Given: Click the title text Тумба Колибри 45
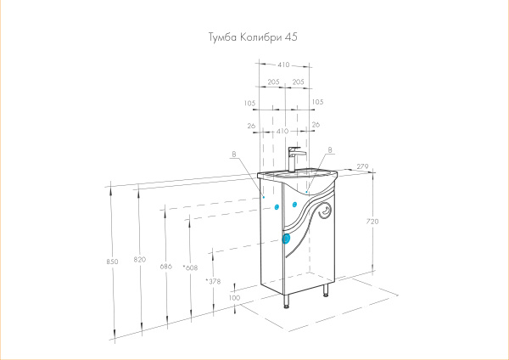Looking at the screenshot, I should [x=253, y=37].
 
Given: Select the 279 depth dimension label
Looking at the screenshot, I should [x=362, y=167].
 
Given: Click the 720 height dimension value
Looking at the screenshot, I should [x=372, y=222].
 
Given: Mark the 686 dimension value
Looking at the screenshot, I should [x=165, y=267].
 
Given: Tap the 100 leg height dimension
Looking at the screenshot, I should [x=234, y=298].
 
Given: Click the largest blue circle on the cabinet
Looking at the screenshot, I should [x=285, y=239].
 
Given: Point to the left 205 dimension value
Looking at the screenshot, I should [x=273, y=82].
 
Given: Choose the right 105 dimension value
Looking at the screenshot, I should [x=317, y=102].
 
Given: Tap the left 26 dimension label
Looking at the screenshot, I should [x=251, y=125].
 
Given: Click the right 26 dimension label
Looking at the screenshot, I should [x=316, y=125].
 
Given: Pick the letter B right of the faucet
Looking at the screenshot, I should [x=328, y=149].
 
